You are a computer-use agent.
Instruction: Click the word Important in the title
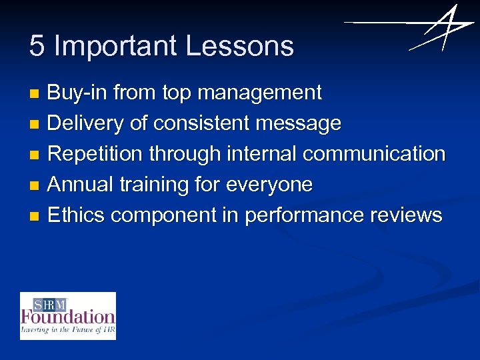click(x=116, y=47)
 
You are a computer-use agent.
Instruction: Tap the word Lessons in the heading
click(x=240, y=46)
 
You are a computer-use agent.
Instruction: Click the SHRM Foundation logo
click(x=68, y=316)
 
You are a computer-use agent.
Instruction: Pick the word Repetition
click(x=96, y=154)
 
